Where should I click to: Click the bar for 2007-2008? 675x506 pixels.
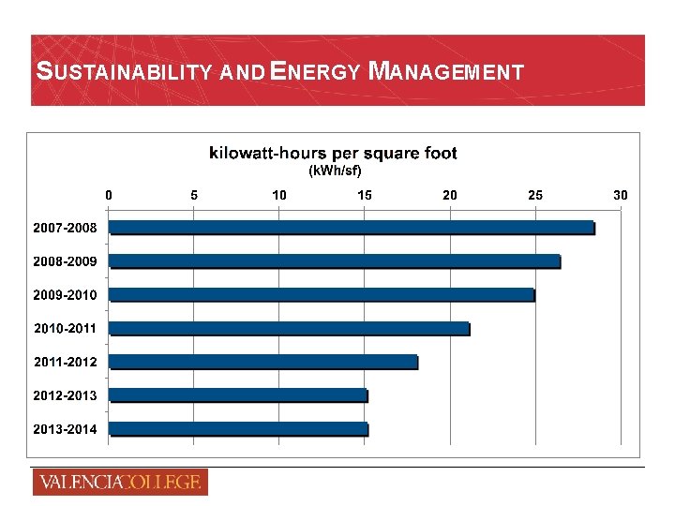pyautogui.click(x=352, y=228)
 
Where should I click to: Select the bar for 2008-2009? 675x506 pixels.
pyautogui.click(x=335, y=261)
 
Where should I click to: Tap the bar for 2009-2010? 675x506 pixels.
pyautogui.click(x=322, y=295)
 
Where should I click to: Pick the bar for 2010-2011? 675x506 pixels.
pyautogui.click(x=289, y=328)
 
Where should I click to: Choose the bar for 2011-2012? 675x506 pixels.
pyautogui.click(x=263, y=362)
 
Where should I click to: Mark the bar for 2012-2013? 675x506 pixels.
pyautogui.click(x=238, y=395)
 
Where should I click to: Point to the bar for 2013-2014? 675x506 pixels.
pyautogui.click(x=238, y=429)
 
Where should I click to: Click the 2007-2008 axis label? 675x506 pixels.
pyautogui.click(x=65, y=228)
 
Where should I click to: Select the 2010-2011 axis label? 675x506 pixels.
pyautogui.click(x=65, y=329)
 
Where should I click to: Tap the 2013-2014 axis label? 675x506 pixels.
pyautogui.click(x=65, y=429)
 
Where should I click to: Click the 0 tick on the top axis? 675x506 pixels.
pyautogui.click(x=109, y=195)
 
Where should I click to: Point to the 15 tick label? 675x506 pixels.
pyautogui.click(x=365, y=195)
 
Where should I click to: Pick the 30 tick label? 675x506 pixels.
pyautogui.click(x=620, y=195)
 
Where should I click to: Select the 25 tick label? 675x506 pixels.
pyautogui.click(x=535, y=195)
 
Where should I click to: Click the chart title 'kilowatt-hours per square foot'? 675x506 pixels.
pyautogui.click(x=333, y=153)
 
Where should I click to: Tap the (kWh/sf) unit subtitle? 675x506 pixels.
pyautogui.click(x=335, y=171)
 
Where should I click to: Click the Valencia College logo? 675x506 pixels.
pyautogui.click(x=120, y=483)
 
